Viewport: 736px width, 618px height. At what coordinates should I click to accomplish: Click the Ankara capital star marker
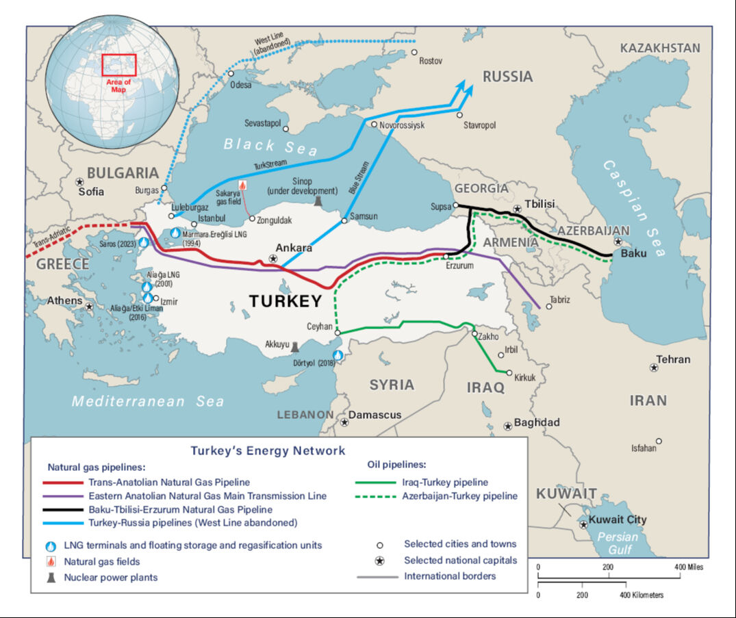[274, 259]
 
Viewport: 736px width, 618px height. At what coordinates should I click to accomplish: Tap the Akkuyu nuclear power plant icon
[294, 347]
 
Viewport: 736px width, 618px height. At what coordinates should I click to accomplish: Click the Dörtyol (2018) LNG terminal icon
[338, 355]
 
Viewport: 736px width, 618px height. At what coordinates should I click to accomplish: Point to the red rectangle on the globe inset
[119, 65]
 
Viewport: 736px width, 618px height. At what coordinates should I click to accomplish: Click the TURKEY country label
[285, 301]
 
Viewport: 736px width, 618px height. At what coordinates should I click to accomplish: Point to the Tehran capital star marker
[655, 368]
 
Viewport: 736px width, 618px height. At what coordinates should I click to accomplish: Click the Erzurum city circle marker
[446, 257]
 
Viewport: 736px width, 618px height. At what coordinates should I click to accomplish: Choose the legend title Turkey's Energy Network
[268, 451]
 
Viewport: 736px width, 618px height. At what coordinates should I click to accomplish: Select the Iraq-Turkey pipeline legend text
[445, 482]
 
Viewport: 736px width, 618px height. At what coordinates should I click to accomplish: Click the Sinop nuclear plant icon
[317, 200]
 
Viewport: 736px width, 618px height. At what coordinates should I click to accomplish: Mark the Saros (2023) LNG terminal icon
[144, 242]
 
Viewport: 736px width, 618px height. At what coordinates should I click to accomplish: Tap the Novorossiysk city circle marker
[374, 125]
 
